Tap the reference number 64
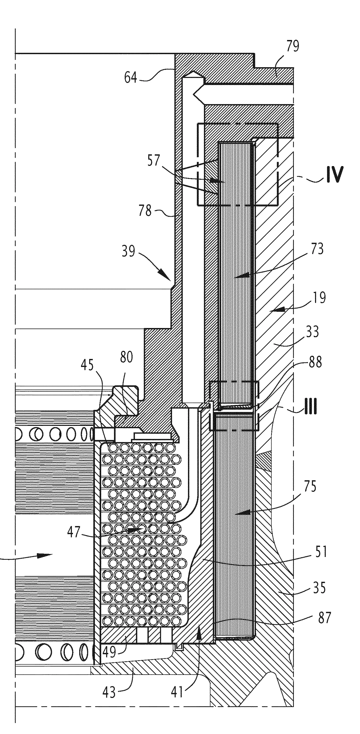tap(130, 77)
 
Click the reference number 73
tap(317, 249)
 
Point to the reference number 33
tap(312, 332)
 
